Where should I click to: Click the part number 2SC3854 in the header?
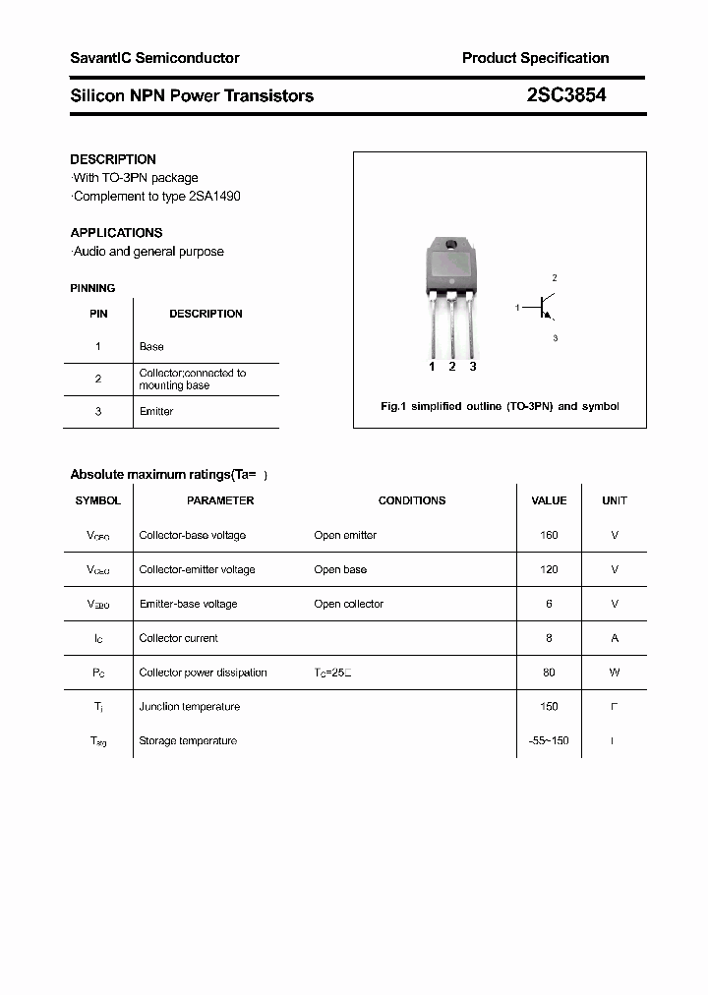coord(560,95)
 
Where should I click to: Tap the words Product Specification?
coord(535,58)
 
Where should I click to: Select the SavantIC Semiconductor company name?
coord(154,58)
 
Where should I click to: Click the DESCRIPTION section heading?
coord(113,159)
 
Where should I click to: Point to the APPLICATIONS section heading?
coord(116,233)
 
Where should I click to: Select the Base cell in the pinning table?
coord(151,347)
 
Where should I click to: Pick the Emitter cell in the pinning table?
coord(155,412)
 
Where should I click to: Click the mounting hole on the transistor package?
coord(451,245)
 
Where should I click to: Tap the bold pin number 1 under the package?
coord(432,367)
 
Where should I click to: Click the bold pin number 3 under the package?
coord(473,367)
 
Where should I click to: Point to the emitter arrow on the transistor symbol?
coord(551,316)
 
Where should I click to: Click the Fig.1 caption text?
coord(500,406)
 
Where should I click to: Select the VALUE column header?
coord(549,500)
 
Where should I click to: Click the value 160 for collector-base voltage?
coord(549,535)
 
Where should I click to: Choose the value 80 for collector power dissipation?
coord(549,673)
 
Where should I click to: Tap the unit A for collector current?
coord(615,638)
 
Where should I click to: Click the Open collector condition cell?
coord(348,604)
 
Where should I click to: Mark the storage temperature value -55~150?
coord(549,740)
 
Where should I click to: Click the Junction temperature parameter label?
coord(189,707)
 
